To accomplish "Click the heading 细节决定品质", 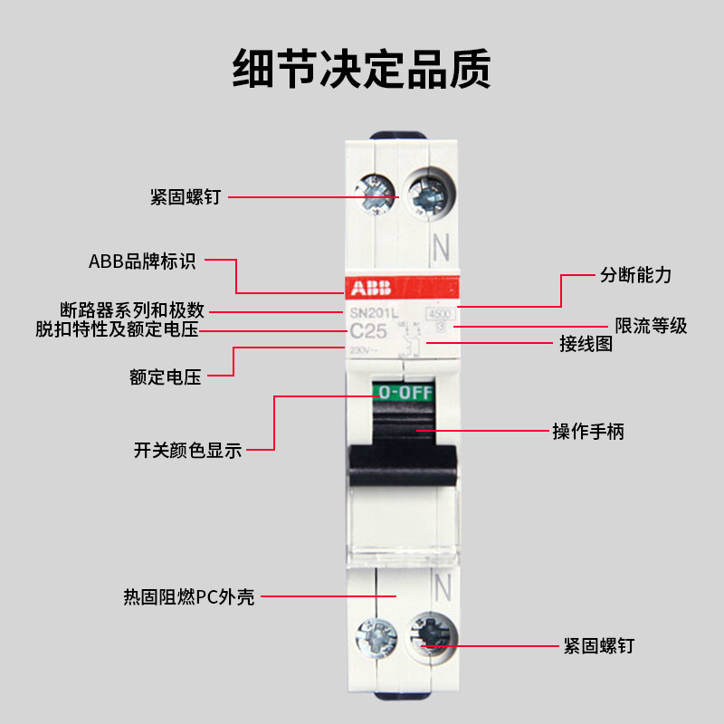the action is pyautogui.click(x=362, y=69).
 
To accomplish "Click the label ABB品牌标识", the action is pyautogui.click(x=142, y=262).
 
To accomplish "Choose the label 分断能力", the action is pyautogui.click(x=636, y=275).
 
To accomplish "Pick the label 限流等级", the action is pyautogui.click(x=651, y=326).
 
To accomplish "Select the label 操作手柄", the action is pyautogui.click(x=588, y=432).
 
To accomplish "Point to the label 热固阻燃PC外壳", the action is pyautogui.click(x=189, y=597).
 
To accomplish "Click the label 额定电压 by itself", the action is pyautogui.click(x=165, y=376).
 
